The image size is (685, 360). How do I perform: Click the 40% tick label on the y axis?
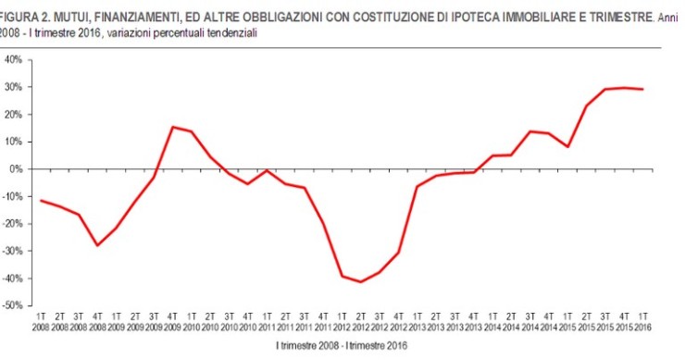pos(14,59)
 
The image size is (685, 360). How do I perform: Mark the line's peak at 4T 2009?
pos(172,127)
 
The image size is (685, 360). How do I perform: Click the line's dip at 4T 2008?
pos(97,245)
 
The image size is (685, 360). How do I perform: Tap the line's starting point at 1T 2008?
pos(41,201)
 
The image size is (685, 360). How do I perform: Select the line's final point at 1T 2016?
pos(640,89)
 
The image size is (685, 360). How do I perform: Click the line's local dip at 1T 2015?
pos(565,146)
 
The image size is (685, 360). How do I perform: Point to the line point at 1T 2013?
pos(416,187)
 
